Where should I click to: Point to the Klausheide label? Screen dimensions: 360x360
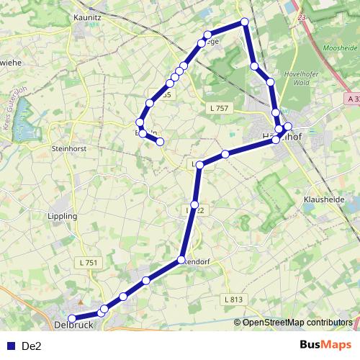[325, 199]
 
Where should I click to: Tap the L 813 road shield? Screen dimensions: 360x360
[233, 299]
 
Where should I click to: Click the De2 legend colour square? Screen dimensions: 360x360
[9, 346]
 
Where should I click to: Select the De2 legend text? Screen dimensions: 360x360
[32, 346]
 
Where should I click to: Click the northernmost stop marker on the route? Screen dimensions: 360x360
[245, 22]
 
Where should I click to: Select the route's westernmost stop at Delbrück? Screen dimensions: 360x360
[71, 318]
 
